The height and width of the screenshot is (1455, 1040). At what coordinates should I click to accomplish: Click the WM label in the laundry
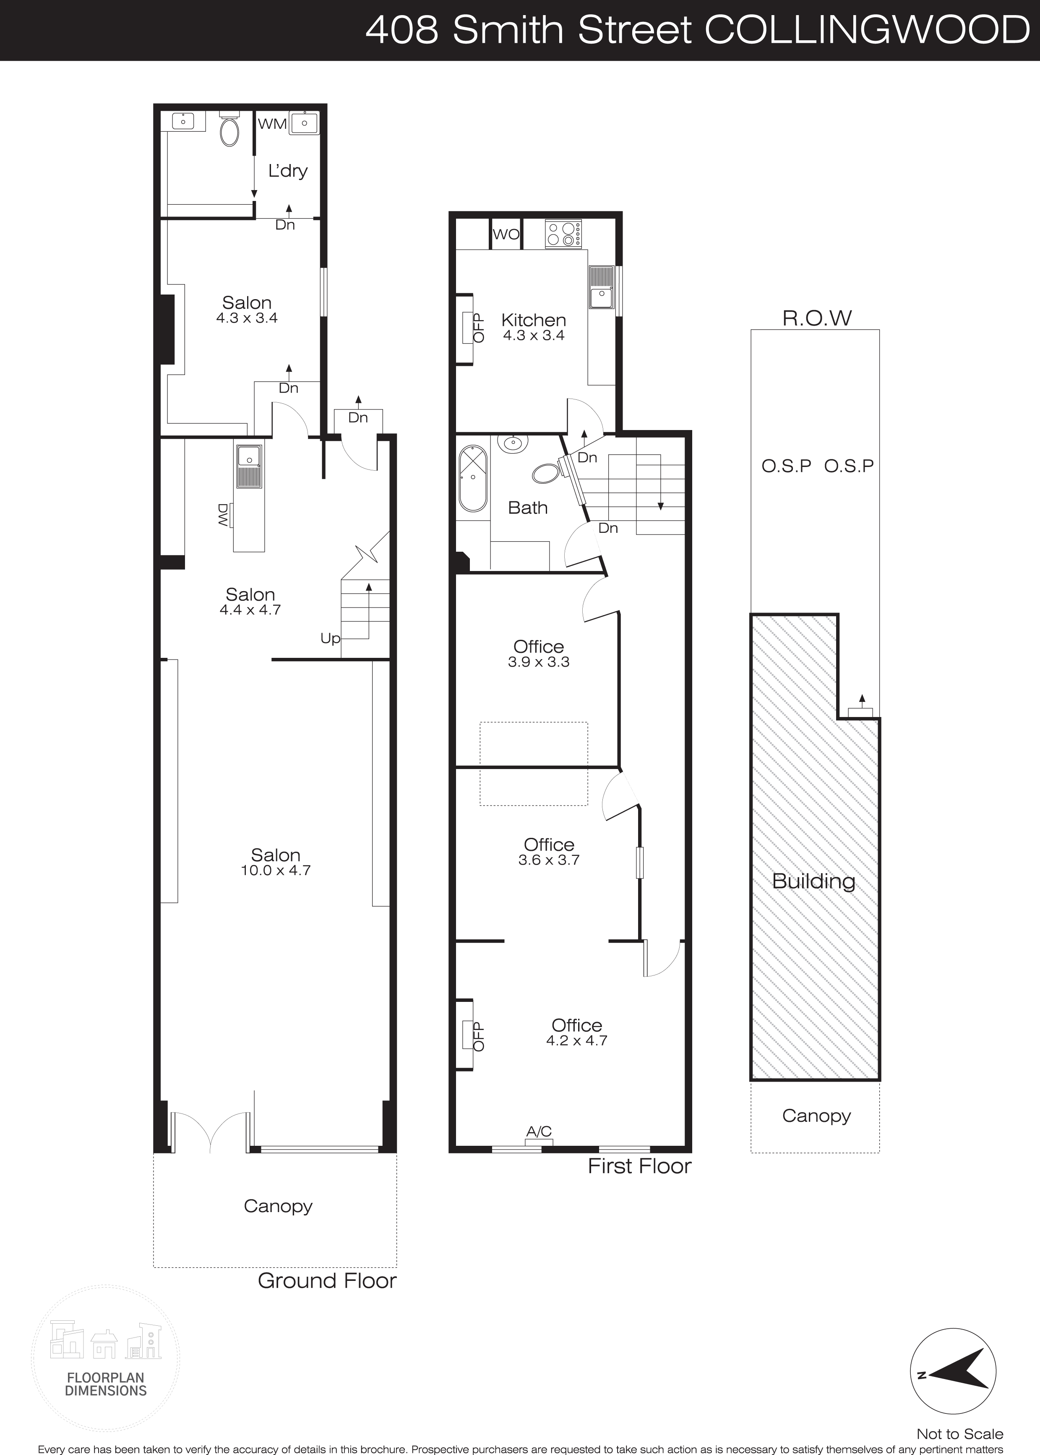[x=272, y=124]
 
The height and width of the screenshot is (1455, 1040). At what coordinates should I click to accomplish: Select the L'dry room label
[x=287, y=171]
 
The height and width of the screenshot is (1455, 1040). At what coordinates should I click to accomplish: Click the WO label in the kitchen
[x=506, y=235]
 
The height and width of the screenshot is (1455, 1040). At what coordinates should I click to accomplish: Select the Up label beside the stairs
[x=331, y=639]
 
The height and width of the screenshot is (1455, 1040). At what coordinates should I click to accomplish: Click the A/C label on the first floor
[x=539, y=1132]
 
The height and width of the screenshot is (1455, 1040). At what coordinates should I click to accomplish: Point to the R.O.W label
[x=817, y=318]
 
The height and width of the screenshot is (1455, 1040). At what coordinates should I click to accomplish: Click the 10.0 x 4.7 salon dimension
[x=276, y=870]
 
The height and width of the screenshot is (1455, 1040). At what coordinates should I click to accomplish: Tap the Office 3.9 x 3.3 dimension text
[x=539, y=662]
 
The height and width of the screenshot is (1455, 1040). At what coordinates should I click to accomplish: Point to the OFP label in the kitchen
[x=478, y=329]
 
